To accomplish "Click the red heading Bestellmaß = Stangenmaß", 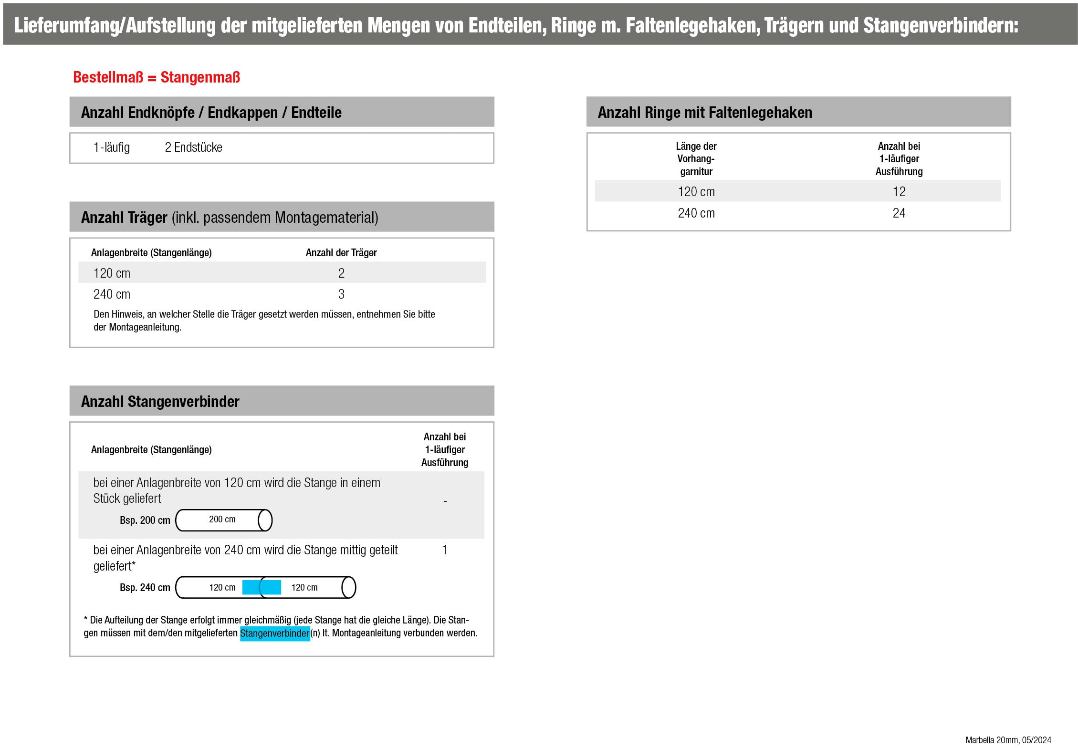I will [156, 77].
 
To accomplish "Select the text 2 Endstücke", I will [193, 147].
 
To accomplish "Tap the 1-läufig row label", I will [112, 147].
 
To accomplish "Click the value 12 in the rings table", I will [899, 192].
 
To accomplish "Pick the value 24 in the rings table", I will [899, 213].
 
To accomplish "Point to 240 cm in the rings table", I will [696, 213].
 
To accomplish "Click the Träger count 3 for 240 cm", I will [341, 294].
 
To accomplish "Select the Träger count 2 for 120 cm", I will [341, 273].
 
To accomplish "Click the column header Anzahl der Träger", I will [341, 253].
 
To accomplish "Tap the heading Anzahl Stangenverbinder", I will [160, 402].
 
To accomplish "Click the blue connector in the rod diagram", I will [262, 587].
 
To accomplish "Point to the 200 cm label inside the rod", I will [222, 519].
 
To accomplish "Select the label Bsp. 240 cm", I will [145, 588].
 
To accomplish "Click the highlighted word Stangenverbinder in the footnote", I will [275, 634].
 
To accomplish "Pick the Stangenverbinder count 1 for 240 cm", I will [444, 550].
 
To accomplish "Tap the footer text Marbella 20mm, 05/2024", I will [1008, 740].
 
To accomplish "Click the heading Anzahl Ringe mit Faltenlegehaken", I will [705, 113].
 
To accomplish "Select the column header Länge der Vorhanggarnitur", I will [696, 159].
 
